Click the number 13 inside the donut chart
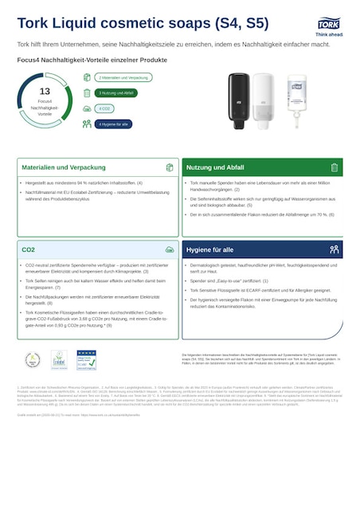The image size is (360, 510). coord(45,92)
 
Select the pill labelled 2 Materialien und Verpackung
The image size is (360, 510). coord(124,77)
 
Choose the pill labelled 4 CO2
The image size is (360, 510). coord(104,108)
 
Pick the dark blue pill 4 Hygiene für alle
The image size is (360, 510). coord(114,124)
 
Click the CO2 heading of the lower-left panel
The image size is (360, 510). coord(29,249)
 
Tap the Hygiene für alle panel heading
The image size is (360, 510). coord(211,249)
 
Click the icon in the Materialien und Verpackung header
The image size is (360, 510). coord(169,167)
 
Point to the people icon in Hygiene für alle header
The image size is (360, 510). coord(335,249)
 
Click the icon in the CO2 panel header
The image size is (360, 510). coord(169,249)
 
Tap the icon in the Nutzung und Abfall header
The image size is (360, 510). coord(335,167)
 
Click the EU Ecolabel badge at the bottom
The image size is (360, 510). coord(58,359)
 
